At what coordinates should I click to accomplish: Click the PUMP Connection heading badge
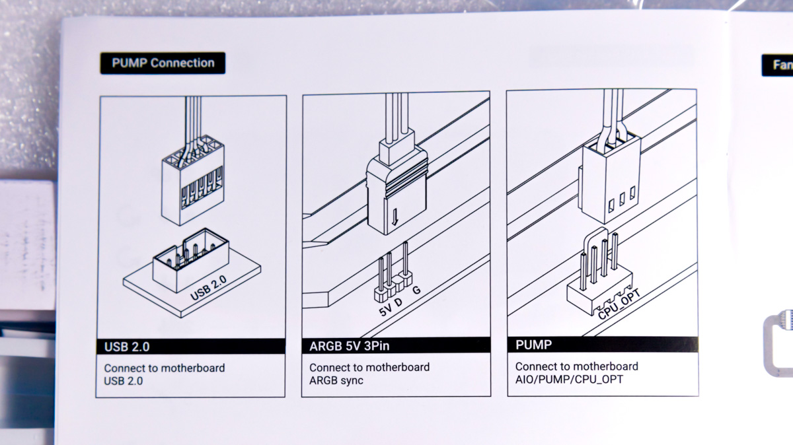pos(163,63)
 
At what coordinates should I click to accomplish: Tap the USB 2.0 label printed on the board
pos(208,288)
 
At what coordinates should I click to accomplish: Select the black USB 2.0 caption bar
pos(191,347)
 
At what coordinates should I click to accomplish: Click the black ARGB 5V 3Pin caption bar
pos(396,345)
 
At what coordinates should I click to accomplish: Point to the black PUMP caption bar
pos(603,344)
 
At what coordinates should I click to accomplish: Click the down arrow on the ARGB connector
pos(395,217)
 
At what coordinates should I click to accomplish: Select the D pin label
pos(398,302)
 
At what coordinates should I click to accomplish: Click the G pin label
pos(417,290)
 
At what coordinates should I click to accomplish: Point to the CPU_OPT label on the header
pos(619,304)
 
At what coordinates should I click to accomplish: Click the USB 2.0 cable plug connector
pos(193,180)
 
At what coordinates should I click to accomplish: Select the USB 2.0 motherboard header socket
pos(191,259)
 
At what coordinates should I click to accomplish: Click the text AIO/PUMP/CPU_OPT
pos(569,379)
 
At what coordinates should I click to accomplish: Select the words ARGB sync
pos(336,380)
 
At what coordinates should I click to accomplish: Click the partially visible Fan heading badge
pos(777,65)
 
